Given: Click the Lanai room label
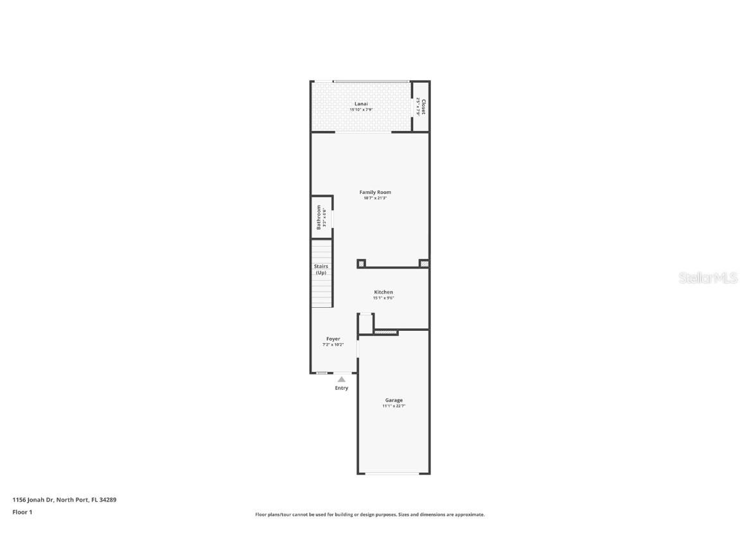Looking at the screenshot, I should coord(362,104).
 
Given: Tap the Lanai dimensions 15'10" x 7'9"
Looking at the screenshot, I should coord(361,110).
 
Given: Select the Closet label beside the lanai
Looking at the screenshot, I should coord(423,106).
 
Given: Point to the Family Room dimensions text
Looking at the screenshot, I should coord(375,198).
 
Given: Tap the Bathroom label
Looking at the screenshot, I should coord(318,218).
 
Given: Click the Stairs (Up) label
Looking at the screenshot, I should coord(321,269).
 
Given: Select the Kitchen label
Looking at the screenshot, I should coord(383,292).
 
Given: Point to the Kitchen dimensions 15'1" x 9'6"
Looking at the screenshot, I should coord(383,298).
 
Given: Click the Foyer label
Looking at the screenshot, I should coord(333,339).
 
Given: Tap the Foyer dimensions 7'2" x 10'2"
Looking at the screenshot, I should coord(333,345).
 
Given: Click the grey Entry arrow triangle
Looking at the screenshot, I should coord(342,380).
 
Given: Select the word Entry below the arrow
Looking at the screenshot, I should coord(342,388).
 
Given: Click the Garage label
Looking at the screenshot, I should coord(394,400).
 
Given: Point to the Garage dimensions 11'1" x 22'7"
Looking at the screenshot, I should coord(394,406).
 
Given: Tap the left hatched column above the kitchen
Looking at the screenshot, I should coord(361,263).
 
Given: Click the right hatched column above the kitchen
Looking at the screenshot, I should coord(424,263).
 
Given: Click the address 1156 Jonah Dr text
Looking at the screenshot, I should coord(64,500).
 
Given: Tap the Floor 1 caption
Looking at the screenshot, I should coord(22,512).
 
